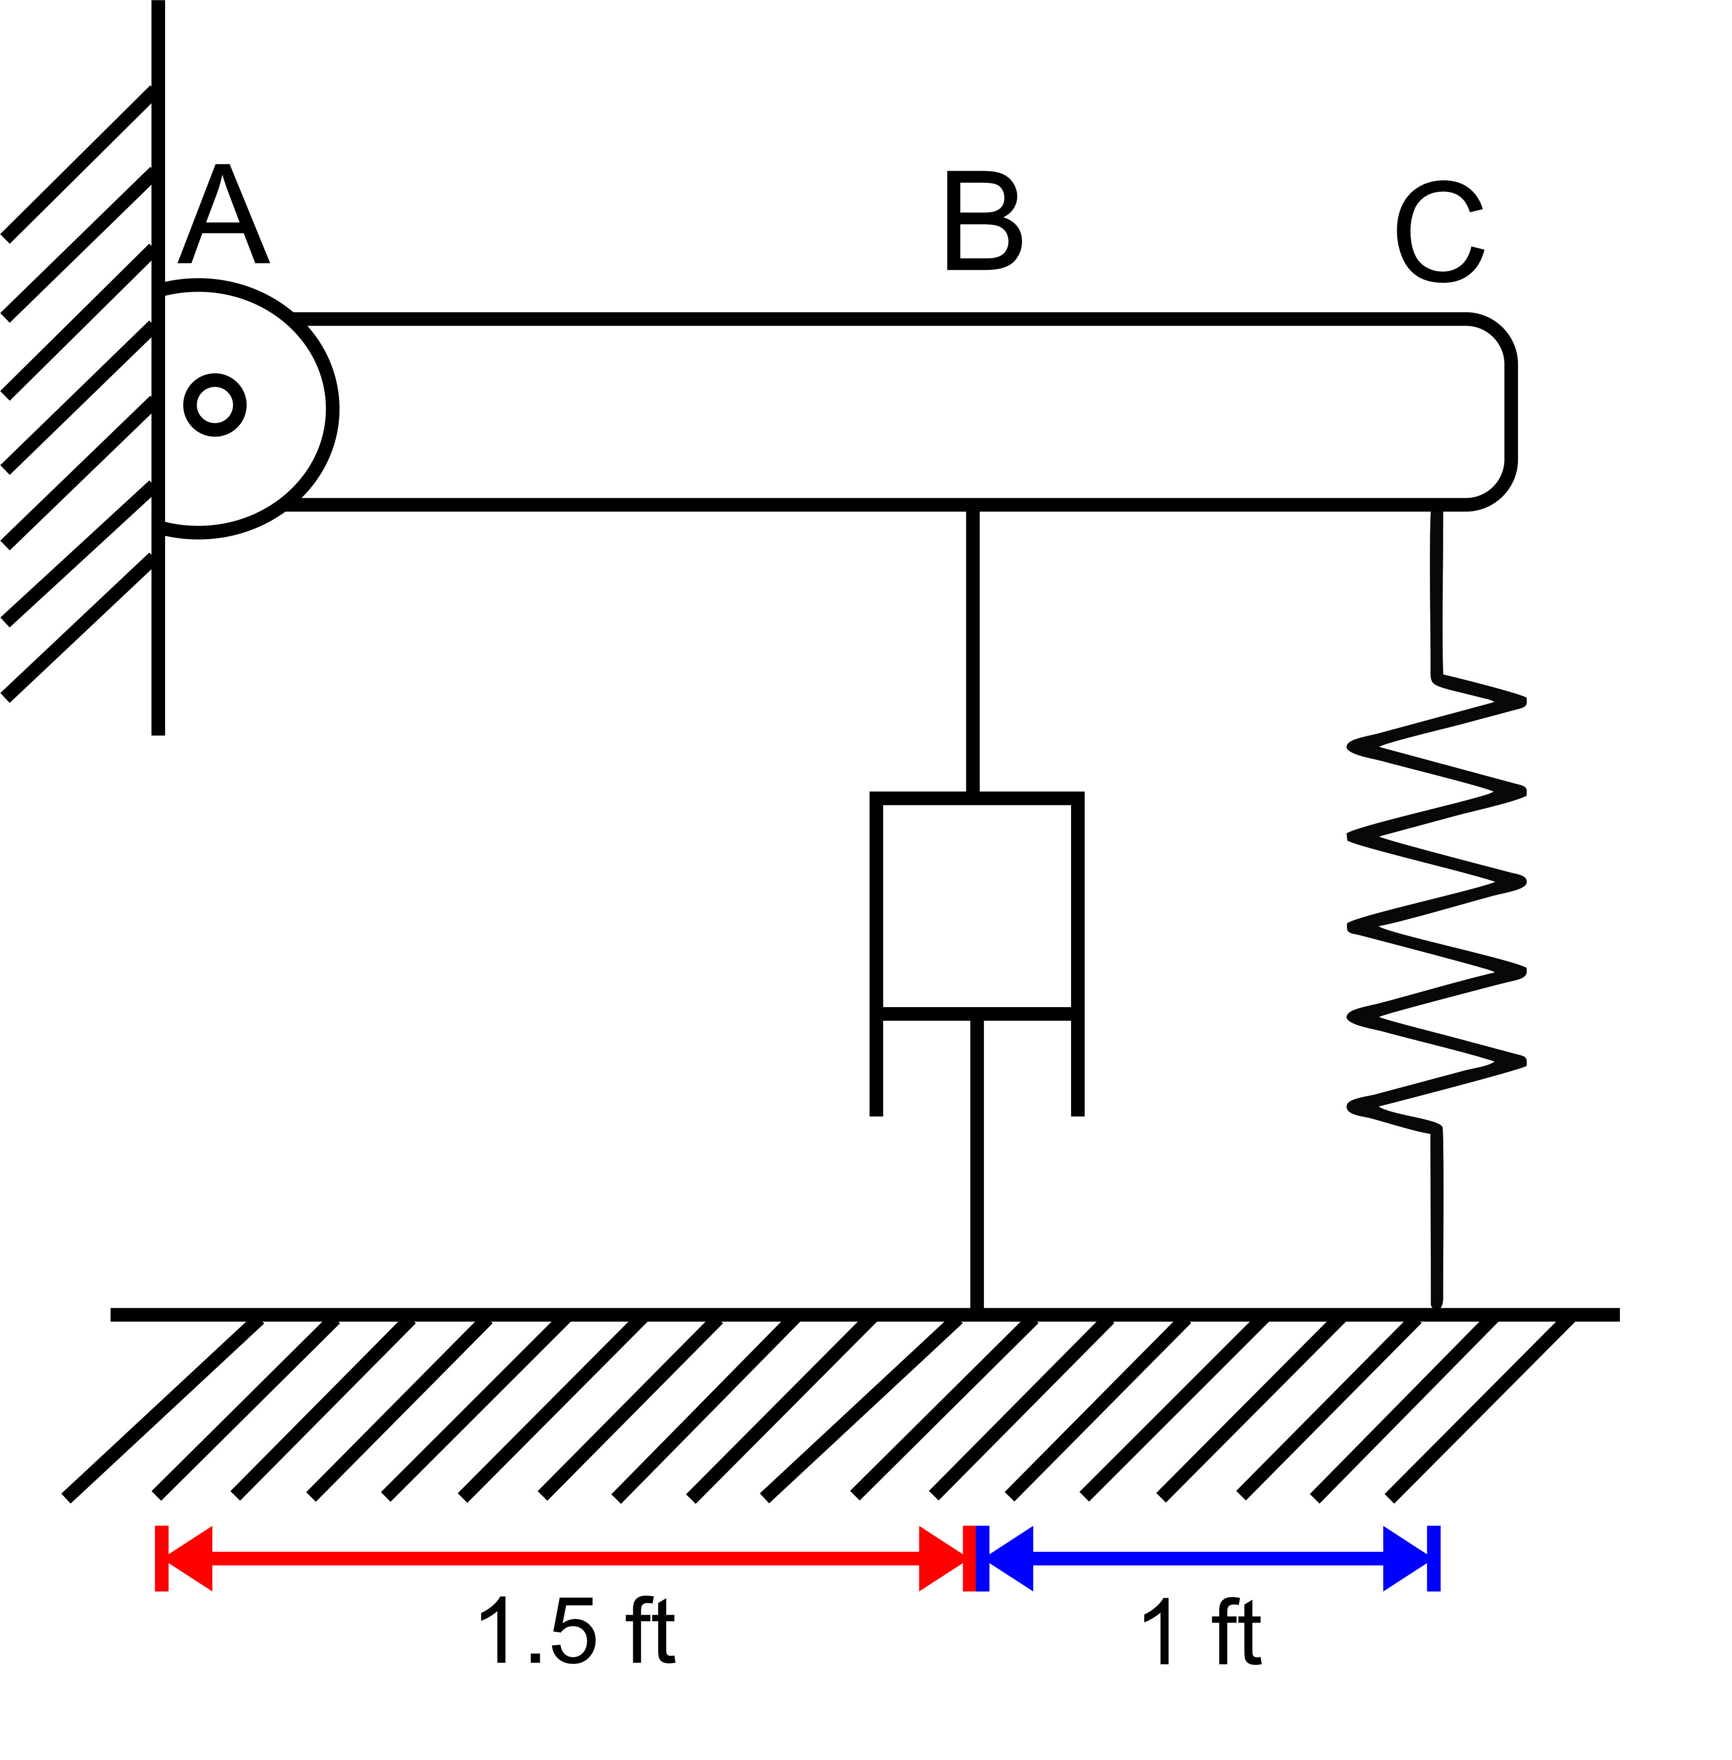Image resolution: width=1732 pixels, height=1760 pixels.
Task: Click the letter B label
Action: pyautogui.click(x=983, y=221)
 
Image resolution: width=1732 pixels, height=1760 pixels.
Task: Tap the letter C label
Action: pyautogui.click(x=1440, y=232)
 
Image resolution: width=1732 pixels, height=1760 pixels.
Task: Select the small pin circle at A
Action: pyautogui.click(x=214, y=405)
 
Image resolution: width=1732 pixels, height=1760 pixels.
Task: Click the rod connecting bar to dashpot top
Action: pyautogui.click(x=972, y=650)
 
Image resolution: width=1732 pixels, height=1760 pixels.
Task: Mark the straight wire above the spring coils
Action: pyautogui.click(x=1436, y=591)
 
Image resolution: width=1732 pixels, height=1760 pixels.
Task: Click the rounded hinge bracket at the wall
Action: pyautogui.click(x=273, y=410)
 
